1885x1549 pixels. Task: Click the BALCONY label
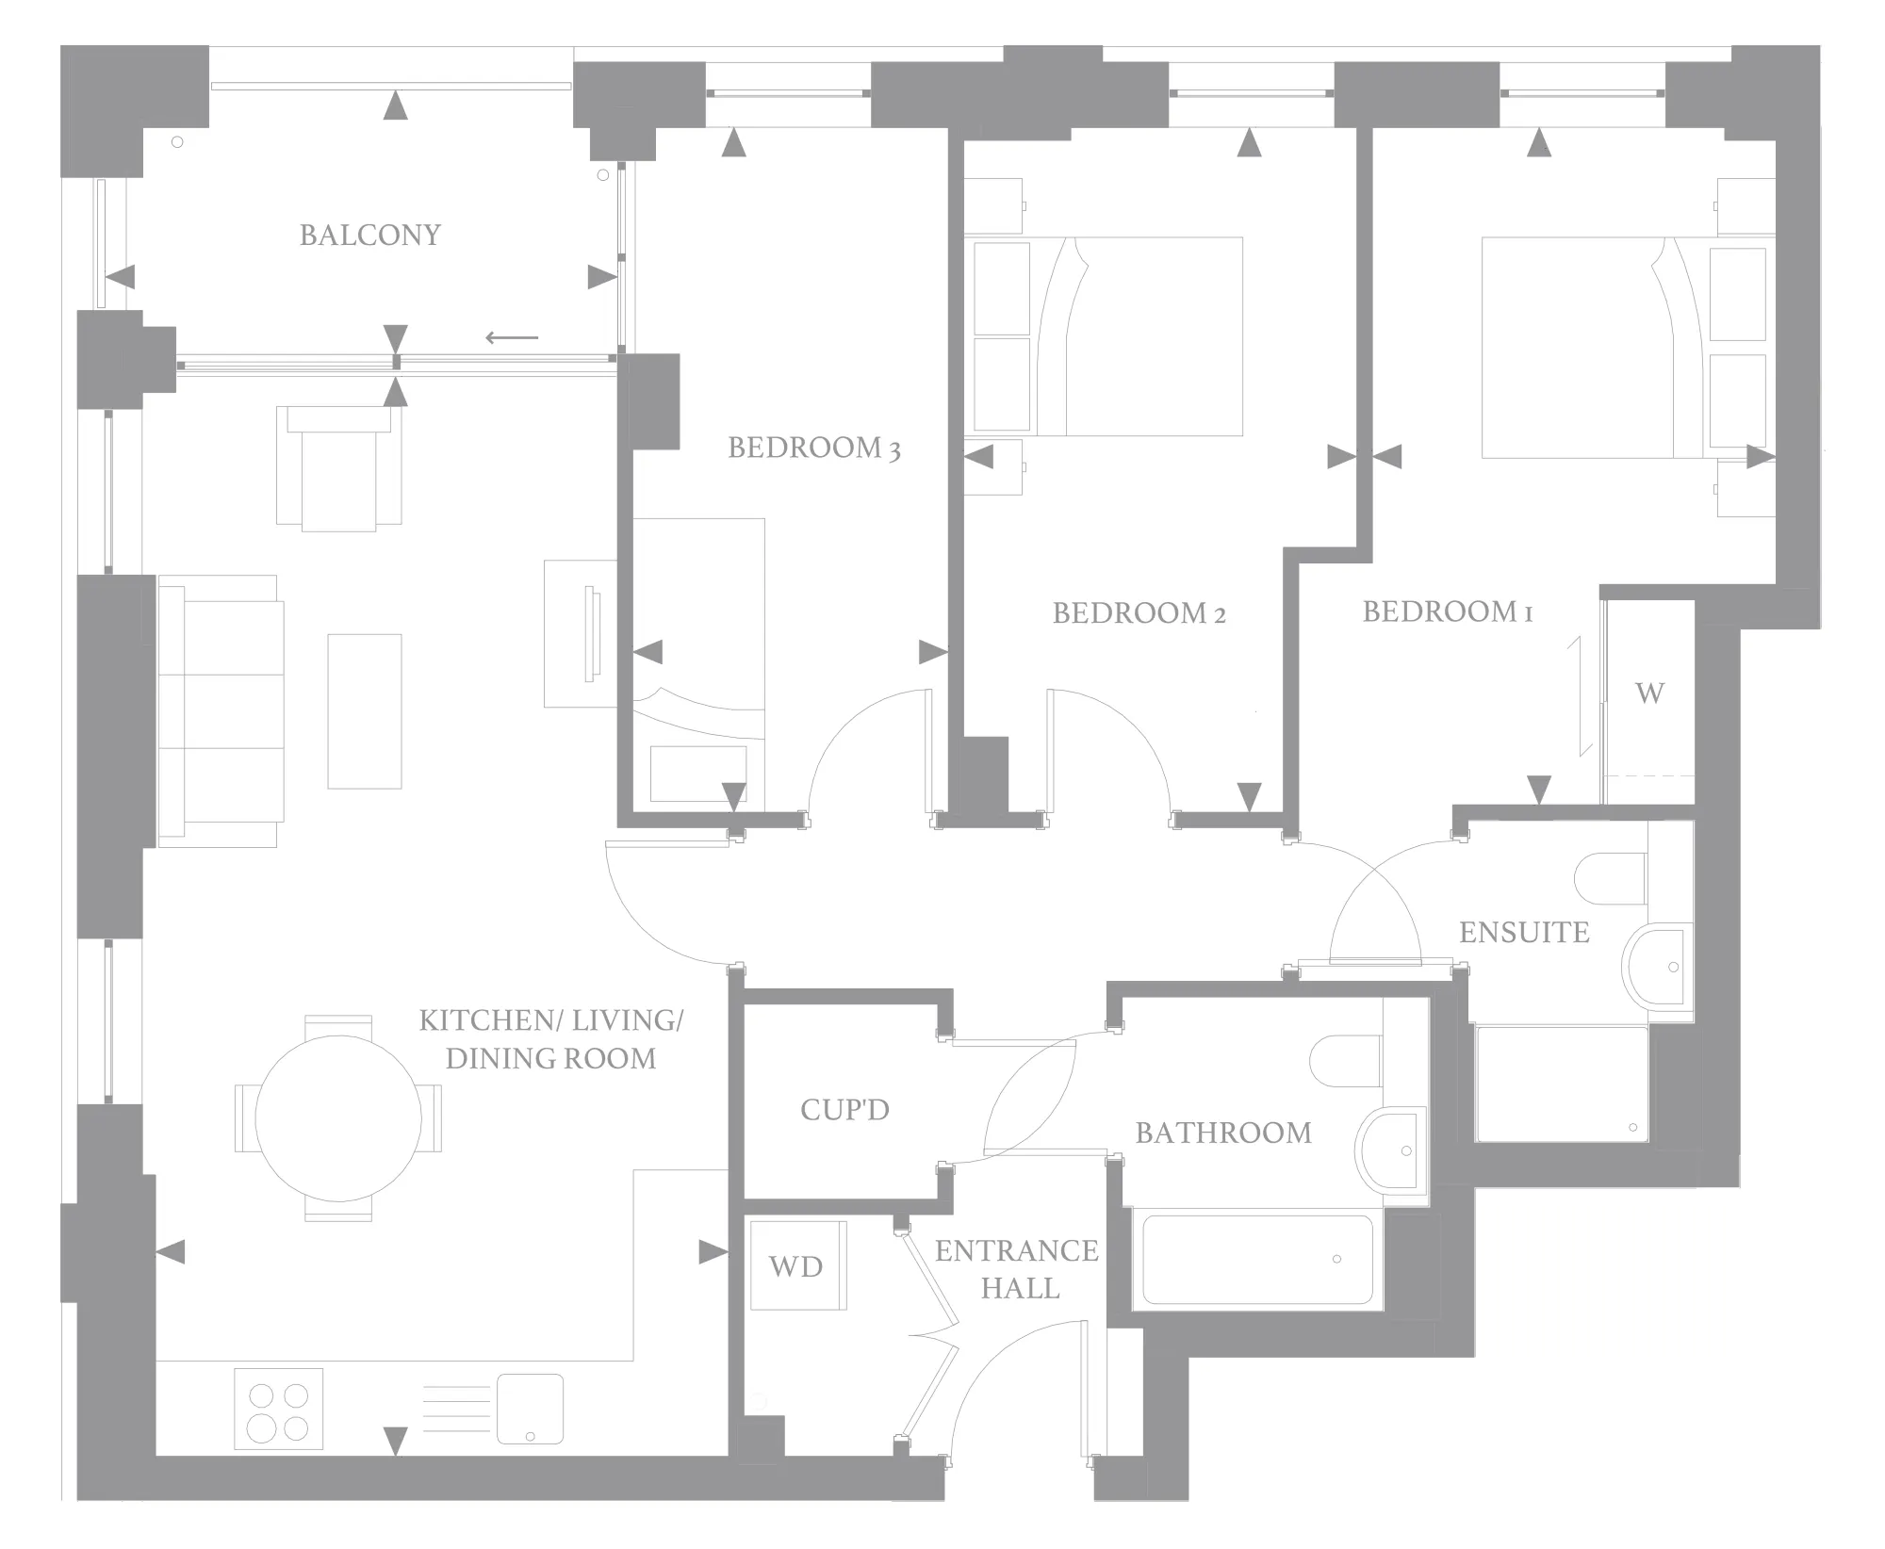(x=370, y=235)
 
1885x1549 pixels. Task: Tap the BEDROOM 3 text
(x=814, y=448)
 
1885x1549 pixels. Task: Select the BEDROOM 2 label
(x=1139, y=613)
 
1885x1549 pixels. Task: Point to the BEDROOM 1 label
(x=1447, y=611)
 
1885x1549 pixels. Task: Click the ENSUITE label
(x=1524, y=933)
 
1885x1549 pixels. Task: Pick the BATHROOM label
(x=1223, y=1133)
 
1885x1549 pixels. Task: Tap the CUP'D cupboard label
(x=844, y=1110)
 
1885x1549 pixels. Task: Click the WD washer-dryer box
(x=798, y=1265)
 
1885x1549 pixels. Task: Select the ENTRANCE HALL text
(x=1017, y=1269)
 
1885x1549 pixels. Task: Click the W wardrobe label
(x=1649, y=693)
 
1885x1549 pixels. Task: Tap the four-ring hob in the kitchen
(x=278, y=1409)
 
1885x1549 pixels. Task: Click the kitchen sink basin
(x=530, y=1409)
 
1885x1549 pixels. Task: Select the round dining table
(x=338, y=1118)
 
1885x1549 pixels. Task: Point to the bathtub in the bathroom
(x=1258, y=1260)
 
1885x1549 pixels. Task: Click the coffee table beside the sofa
(x=365, y=711)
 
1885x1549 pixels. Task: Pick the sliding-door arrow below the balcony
(x=512, y=338)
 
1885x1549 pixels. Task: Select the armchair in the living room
(x=339, y=468)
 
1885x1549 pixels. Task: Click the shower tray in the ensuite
(x=1562, y=1084)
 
